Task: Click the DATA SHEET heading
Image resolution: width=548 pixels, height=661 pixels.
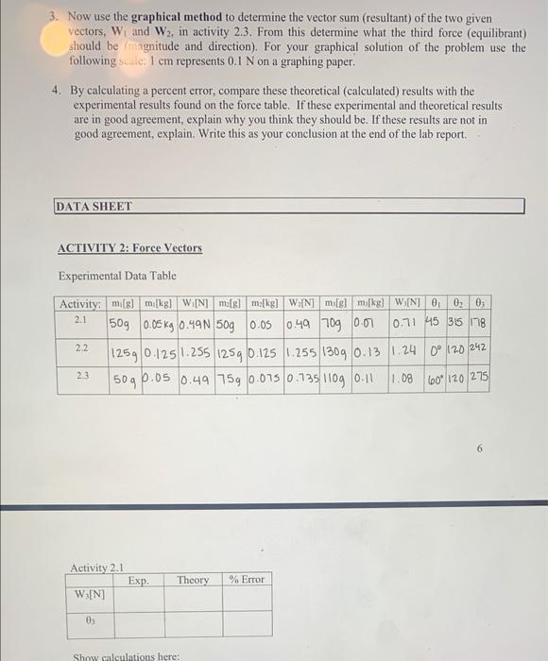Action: click(x=94, y=206)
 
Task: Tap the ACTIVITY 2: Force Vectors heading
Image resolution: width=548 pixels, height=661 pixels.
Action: click(x=130, y=248)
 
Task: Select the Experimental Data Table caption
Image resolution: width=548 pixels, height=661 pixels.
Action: click(x=117, y=276)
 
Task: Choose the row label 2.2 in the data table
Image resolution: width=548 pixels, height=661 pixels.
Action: click(x=81, y=348)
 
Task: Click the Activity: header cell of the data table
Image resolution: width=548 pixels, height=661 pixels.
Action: click(x=79, y=303)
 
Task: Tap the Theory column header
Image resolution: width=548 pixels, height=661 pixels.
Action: click(x=193, y=580)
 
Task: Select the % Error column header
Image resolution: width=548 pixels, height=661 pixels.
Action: click(x=247, y=580)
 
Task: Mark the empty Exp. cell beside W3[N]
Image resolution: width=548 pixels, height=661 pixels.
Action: click(x=138, y=598)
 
